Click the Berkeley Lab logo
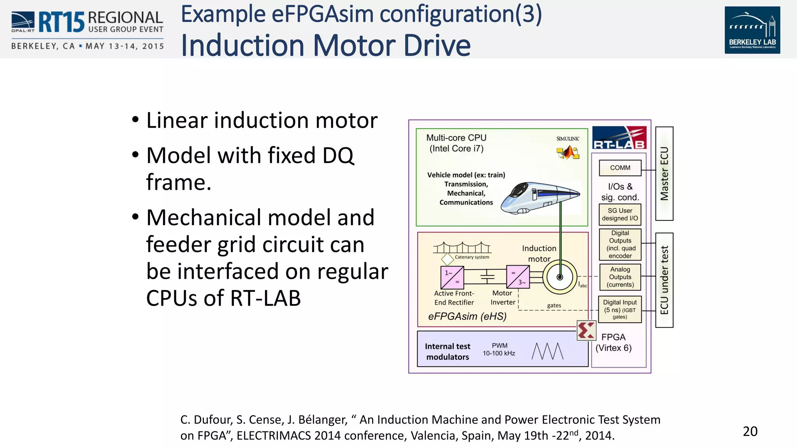click(752, 30)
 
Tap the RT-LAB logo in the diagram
click(619, 138)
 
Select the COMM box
click(620, 168)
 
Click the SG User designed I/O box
click(620, 214)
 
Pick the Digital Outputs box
click(620, 245)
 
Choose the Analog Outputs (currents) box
click(620, 277)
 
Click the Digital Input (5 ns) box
click(620, 309)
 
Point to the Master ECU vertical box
click(664, 173)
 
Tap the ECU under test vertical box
click(664, 280)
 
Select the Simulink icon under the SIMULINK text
click(568, 152)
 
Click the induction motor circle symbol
click(560, 277)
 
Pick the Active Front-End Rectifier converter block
click(452, 277)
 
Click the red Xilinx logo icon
click(586, 331)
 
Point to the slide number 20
click(750, 431)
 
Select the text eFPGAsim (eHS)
click(467, 317)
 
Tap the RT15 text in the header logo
click(61, 23)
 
